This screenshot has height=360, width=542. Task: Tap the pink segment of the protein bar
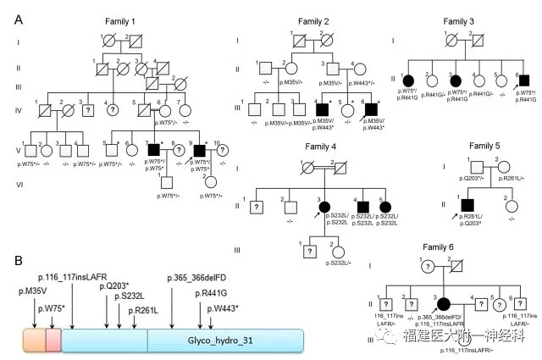pos(53,340)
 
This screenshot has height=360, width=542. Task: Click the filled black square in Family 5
pos(464,203)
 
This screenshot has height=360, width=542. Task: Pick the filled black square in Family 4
pos(364,205)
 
